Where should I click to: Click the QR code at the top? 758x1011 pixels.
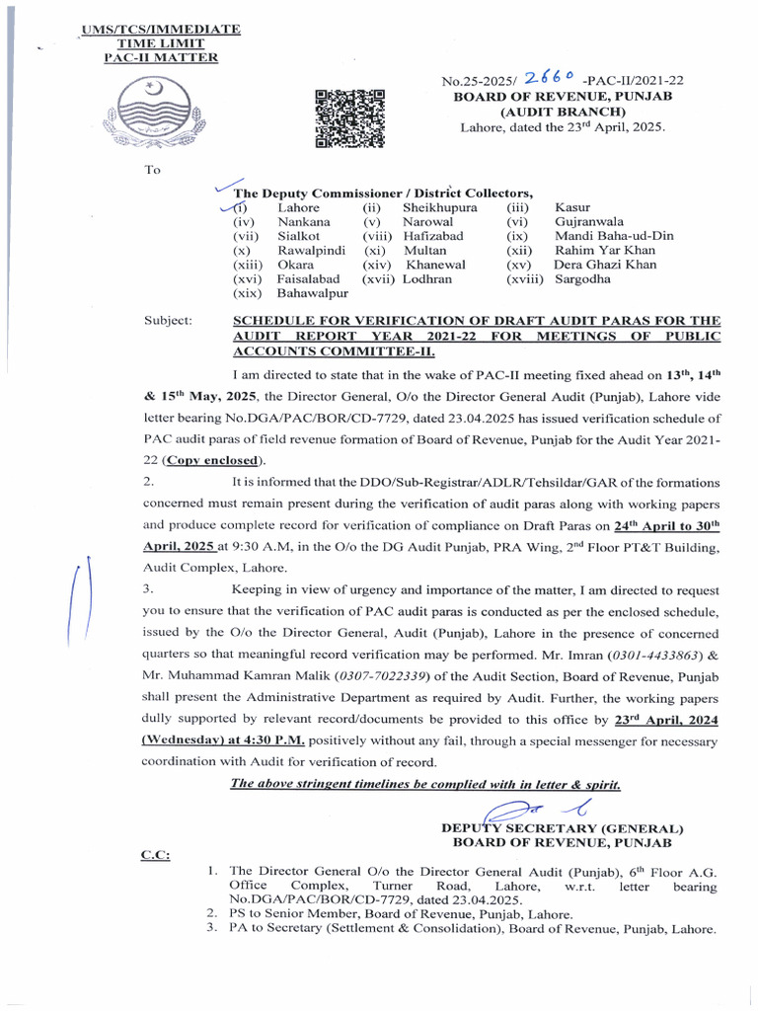[x=349, y=118]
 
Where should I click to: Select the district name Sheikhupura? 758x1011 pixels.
[x=439, y=208]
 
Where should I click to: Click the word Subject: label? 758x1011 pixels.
[x=173, y=321]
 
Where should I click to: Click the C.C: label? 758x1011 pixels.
[x=156, y=854]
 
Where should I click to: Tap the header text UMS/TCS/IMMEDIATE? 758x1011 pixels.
[x=161, y=31]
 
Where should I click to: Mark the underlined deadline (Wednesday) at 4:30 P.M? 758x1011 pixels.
[x=222, y=740]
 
